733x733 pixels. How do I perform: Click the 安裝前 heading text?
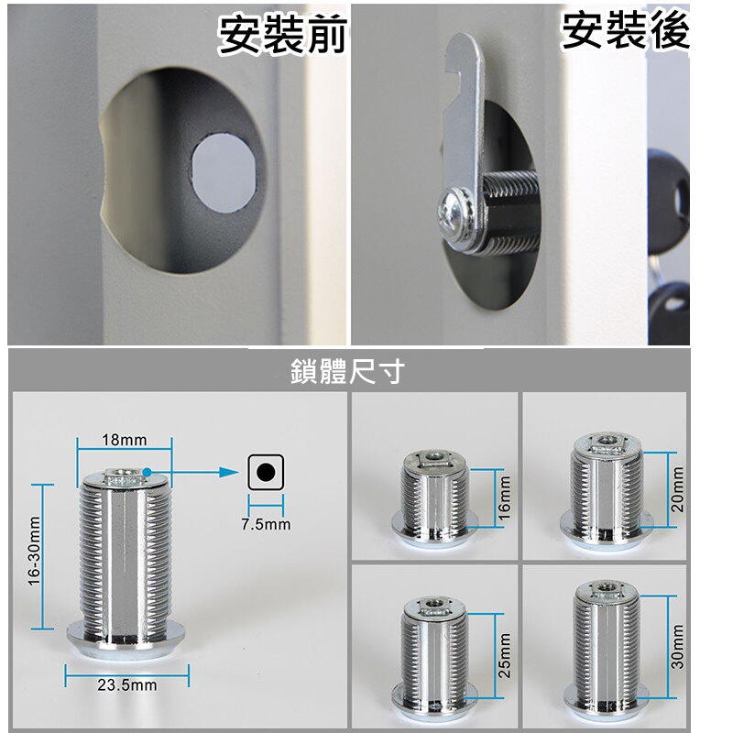pyautogui.click(x=283, y=35)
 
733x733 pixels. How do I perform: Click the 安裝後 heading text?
pyautogui.click(x=626, y=31)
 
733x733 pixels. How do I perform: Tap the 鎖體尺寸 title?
pyautogui.click(x=347, y=372)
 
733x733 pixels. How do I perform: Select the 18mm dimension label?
pyautogui.click(x=125, y=440)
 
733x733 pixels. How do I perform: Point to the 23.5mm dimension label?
pyautogui.click(x=127, y=685)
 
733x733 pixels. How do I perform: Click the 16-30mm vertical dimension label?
pyautogui.click(x=35, y=551)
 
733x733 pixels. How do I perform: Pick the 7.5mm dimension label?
pyautogui.click(x=266, y=524)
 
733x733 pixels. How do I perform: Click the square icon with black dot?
pyautogui.click(x=266, y=472)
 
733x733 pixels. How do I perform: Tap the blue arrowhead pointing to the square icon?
pyautogui.click(x=230, y=472)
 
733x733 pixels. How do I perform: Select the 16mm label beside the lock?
pyautogui.click(x=505, y=498)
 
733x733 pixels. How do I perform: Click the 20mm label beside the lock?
pyautogui.click(x=677, y=489)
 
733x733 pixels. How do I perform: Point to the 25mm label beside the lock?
pyautogui.click(x=505, y=656)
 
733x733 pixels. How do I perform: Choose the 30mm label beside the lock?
pyautogui.click(x=677, y=647)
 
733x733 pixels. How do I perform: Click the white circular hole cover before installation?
pyautogui.click(x=224, y=172)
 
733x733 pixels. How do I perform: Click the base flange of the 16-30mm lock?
pyautogui.click(x=126, y=640)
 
